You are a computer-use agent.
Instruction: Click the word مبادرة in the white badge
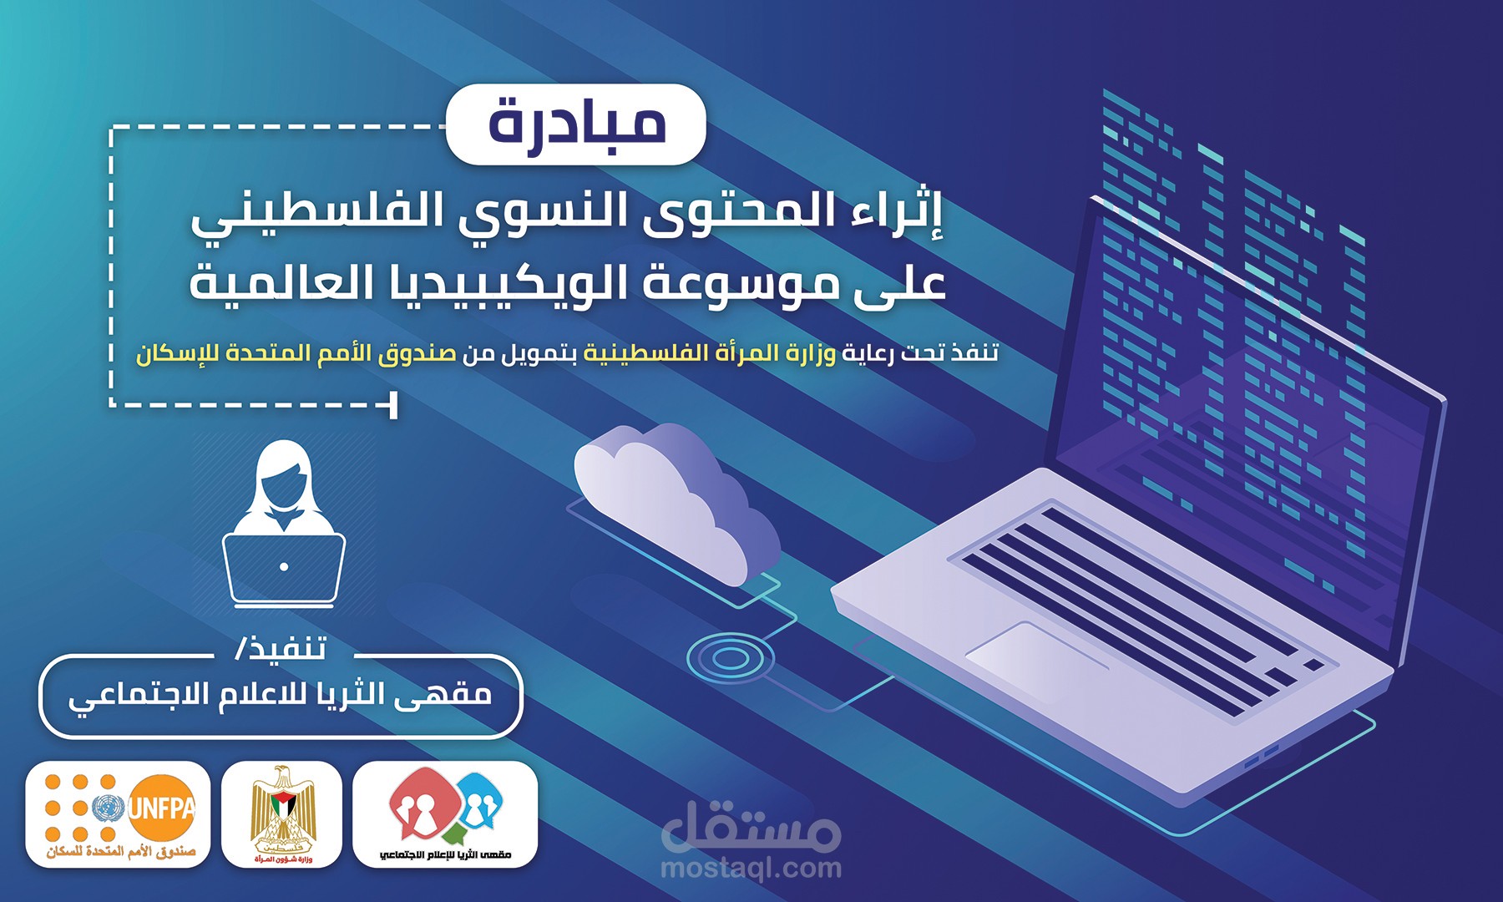tap(577, 124)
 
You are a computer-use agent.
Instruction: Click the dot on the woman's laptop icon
tap(284, 566)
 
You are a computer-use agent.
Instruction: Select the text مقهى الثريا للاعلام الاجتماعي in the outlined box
tap(281, 695)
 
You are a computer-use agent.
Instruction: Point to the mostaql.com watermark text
tap(751, 869)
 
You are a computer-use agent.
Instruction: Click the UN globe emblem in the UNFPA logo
tap(106, 808)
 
